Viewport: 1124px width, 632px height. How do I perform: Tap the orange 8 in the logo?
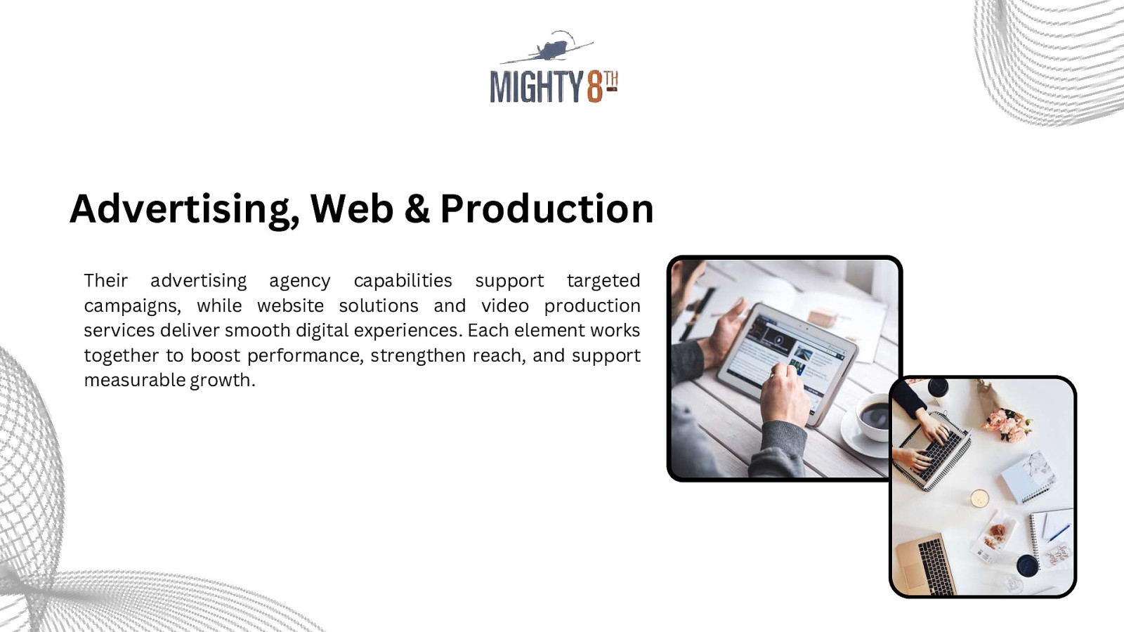(594, 87)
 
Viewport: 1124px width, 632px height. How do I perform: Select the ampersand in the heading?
(417, 209)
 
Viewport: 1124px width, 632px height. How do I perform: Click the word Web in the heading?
(351, 209)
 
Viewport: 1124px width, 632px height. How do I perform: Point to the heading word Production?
(547, 209)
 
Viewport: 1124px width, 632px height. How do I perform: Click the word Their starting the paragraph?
(106, 281)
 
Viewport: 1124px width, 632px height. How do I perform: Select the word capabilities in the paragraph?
(403, 281)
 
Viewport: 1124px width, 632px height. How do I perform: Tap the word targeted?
(603, 281)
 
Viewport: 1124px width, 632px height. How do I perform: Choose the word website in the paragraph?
(290, 306)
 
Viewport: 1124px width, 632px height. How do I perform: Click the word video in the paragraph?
(505, 306)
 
